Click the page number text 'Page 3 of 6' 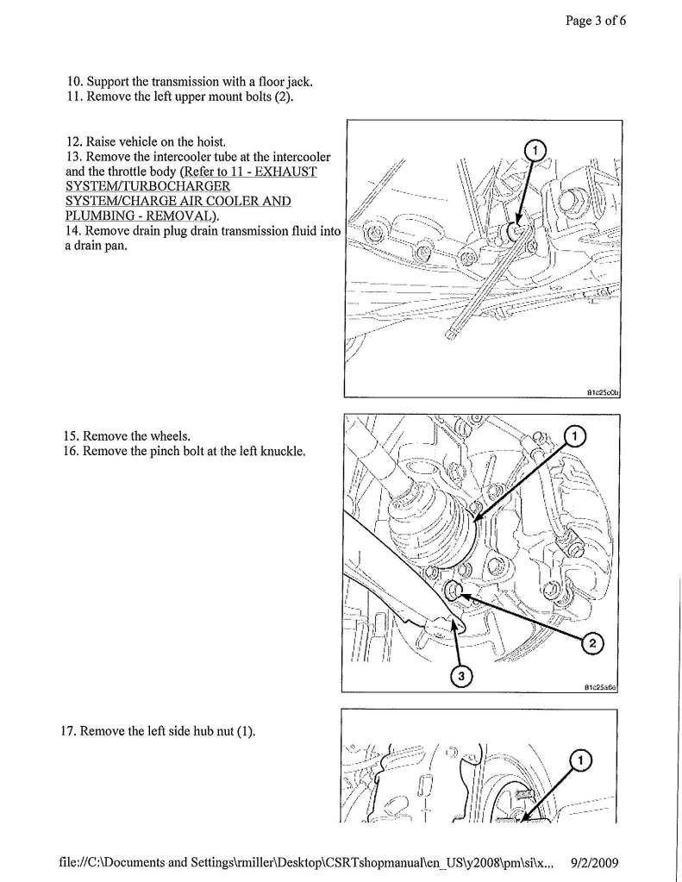(x=595, y=22)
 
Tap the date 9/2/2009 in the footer (x=595, y=861)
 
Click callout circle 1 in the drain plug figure (x=534, y=151)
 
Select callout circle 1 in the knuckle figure (x=573, y=437)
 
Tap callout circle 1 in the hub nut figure (x=579, y=759)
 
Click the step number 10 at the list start (x=74, y=82)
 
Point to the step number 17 (x=68, y=732)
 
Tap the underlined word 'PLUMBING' (x=99, y=216)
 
